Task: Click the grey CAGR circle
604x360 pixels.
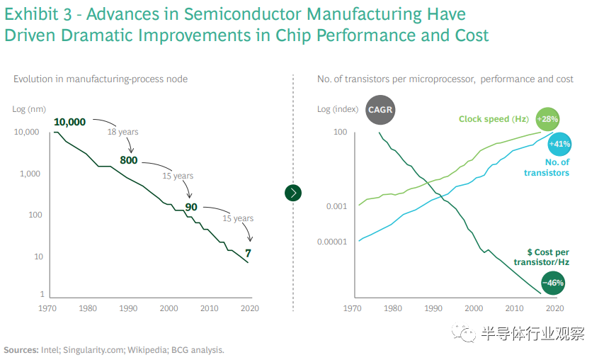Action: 380,110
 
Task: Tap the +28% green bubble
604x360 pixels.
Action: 548,118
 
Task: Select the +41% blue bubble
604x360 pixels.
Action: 559,144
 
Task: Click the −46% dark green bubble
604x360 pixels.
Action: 553,283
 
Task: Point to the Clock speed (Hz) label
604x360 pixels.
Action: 494,119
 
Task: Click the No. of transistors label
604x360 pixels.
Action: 546,167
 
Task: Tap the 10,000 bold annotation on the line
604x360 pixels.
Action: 69,122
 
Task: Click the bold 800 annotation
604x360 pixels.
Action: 128,160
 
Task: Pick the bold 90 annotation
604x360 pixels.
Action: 190,207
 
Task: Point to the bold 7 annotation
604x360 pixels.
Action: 248,253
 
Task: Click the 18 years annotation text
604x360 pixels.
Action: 122,133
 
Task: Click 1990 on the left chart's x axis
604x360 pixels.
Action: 128,308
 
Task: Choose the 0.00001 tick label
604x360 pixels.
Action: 331,242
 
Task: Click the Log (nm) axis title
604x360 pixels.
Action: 29,109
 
